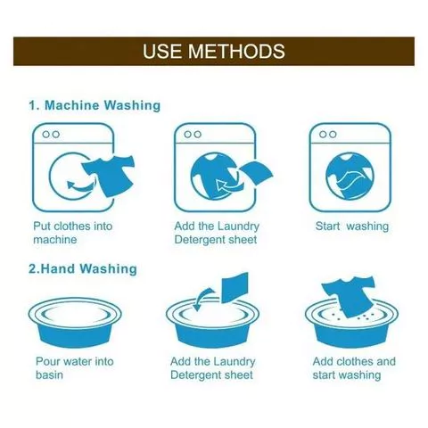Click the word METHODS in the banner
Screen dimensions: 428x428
click(x=236, y=51)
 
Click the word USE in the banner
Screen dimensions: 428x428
click(x=162, y=51)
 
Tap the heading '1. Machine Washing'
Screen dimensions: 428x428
click(x=95, y=105)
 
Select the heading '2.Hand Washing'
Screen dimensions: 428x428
click(x=83, y=268)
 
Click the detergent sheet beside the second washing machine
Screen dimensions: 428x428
click(x=256, y=172)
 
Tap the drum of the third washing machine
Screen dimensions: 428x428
click(x=350, y=176)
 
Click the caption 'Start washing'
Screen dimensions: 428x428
click(x=352, y=226)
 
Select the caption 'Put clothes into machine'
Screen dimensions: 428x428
click(x=73, y=233)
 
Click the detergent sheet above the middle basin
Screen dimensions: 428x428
click(x=235, y=287)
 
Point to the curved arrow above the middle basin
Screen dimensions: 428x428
click(x=202, y=298)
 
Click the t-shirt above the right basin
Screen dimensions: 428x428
click(x=349, y=295)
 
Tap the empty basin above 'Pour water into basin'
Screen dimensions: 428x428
click(x=75, y=322)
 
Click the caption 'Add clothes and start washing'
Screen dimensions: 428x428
click(x=354, y=368)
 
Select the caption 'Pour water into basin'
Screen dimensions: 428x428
click(x=75, y=368)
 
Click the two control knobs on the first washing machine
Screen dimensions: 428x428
click(x=51, y=135)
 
